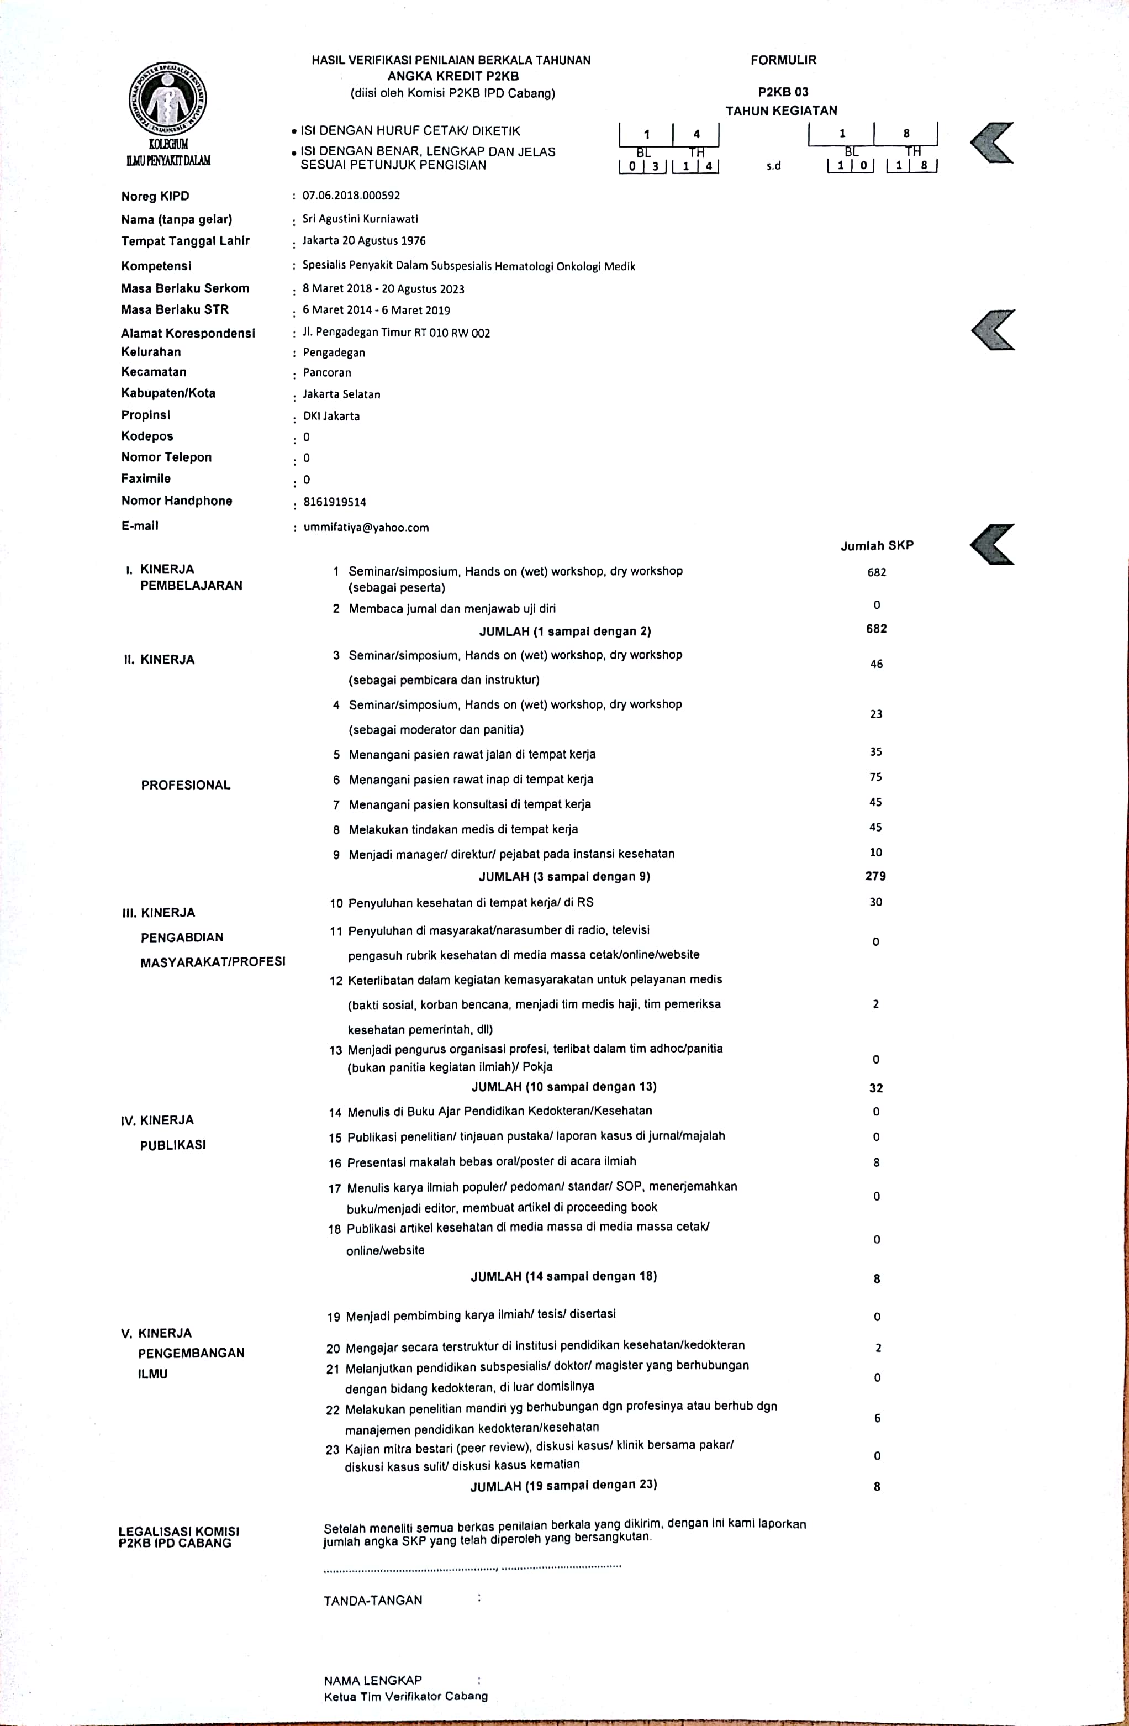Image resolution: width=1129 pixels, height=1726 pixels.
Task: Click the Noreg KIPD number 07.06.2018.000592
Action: (351, 196)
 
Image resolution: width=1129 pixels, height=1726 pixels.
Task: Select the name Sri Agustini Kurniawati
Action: (360, 219)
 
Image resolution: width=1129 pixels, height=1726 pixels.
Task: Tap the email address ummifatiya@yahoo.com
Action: (366, 527)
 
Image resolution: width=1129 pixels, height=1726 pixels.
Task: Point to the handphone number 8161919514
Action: (334, 502)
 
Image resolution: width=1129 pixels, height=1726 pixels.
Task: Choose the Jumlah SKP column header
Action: (877, 545)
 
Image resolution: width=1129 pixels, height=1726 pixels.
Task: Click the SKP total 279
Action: (875, 876)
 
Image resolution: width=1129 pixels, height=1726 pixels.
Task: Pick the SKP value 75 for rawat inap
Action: (876, 777)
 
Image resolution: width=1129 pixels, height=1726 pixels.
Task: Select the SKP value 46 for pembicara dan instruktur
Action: (876, 664)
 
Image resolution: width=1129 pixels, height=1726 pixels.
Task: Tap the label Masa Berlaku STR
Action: (175, 309)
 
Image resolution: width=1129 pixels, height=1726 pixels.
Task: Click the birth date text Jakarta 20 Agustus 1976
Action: (364, 241)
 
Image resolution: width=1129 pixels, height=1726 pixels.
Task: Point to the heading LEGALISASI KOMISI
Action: (178, 1531)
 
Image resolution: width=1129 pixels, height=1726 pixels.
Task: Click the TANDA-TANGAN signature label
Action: (373, 1600)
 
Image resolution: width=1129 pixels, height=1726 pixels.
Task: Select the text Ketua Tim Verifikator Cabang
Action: (406, 1696)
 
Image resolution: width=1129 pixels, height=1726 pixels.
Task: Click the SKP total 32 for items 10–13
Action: (876, 1088)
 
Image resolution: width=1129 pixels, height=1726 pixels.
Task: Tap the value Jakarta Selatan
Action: (341, 394)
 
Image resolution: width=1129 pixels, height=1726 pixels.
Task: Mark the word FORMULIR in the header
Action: (783, 60)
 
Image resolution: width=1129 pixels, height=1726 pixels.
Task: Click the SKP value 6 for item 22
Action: (877, 1418)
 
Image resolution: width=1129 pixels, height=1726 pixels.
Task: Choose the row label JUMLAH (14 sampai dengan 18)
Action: (563, 1276)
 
